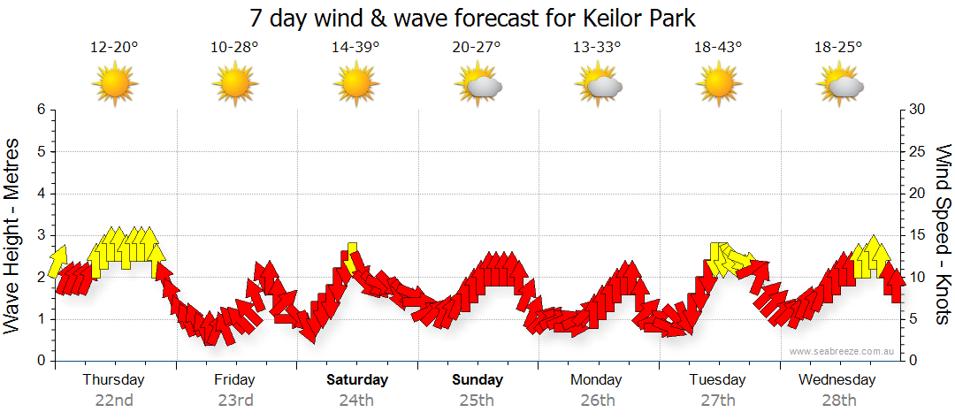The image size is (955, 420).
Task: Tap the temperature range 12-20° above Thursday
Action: (x=114, y=48)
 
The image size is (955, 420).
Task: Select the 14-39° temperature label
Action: (x=355, y=48)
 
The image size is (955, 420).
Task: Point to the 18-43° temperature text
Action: (x=718, y=48)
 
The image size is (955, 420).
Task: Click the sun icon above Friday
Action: (x=235, y=85)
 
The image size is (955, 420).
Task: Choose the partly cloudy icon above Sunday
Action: (x=478, y=85)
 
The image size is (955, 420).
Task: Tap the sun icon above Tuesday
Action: (x=718, y=85)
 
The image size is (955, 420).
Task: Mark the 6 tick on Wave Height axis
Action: (x=40, y=110)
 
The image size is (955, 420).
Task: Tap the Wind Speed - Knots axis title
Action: (x=943, y=235)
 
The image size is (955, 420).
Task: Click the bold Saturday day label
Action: (x=357, y=380)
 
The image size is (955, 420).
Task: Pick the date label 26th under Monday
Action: (x=598, y=400)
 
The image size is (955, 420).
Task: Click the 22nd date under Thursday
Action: (x=114, y=400)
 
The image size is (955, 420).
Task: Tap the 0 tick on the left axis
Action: (x=40, y=361)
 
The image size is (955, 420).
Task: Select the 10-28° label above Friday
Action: (x=235, y=48)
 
